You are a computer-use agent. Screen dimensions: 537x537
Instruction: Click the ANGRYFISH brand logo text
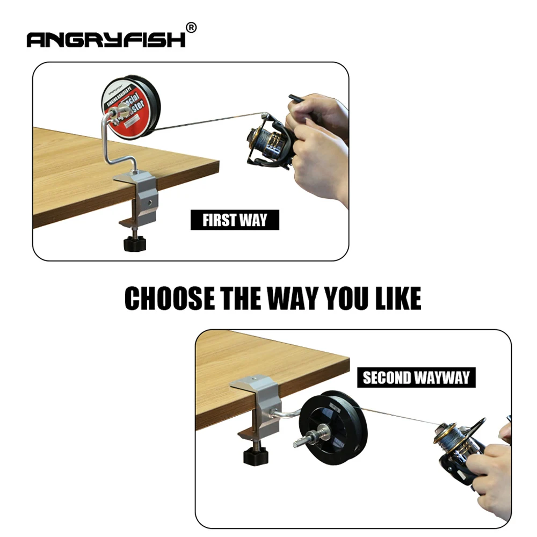coord(106,39)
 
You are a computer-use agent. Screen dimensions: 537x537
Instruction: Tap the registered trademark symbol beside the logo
coord(191,27)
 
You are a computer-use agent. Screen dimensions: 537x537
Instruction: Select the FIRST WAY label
coord(235,220)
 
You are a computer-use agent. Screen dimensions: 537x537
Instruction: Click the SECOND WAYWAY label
coord(416,378)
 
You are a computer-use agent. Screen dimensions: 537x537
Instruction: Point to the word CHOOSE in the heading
coord(169,299)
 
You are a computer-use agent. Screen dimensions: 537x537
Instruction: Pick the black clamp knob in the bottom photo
coord(256,456)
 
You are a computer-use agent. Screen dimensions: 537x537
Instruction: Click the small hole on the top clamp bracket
coord(151,204)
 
